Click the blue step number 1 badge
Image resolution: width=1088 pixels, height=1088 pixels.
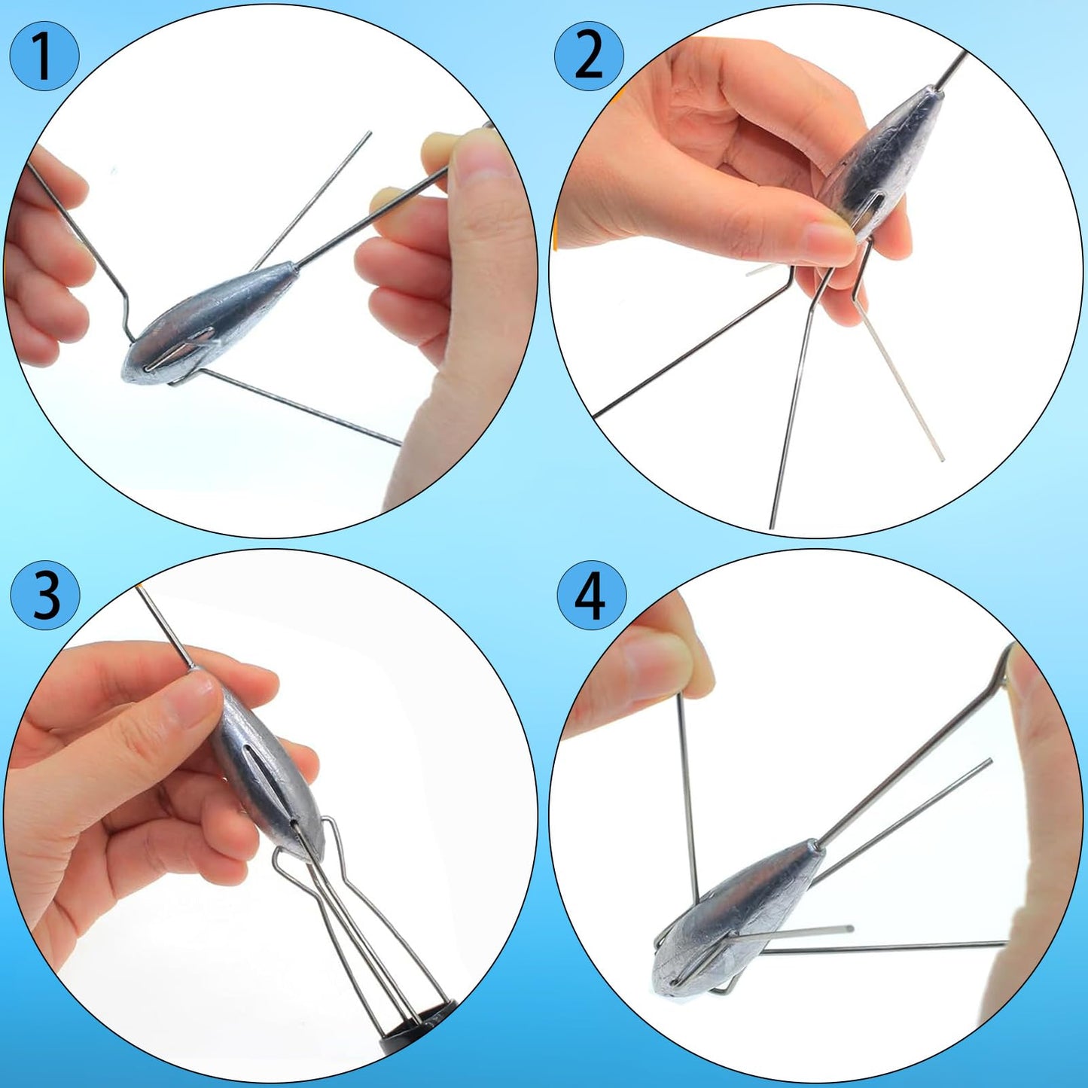pos(44,56)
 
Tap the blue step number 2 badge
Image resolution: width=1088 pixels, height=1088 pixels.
pos(589,56)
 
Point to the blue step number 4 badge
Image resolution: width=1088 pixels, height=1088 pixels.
pos(591,597)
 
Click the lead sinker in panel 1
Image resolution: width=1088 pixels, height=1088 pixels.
pos(203,324)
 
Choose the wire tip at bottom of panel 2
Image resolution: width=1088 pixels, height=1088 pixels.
pos(773,525)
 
